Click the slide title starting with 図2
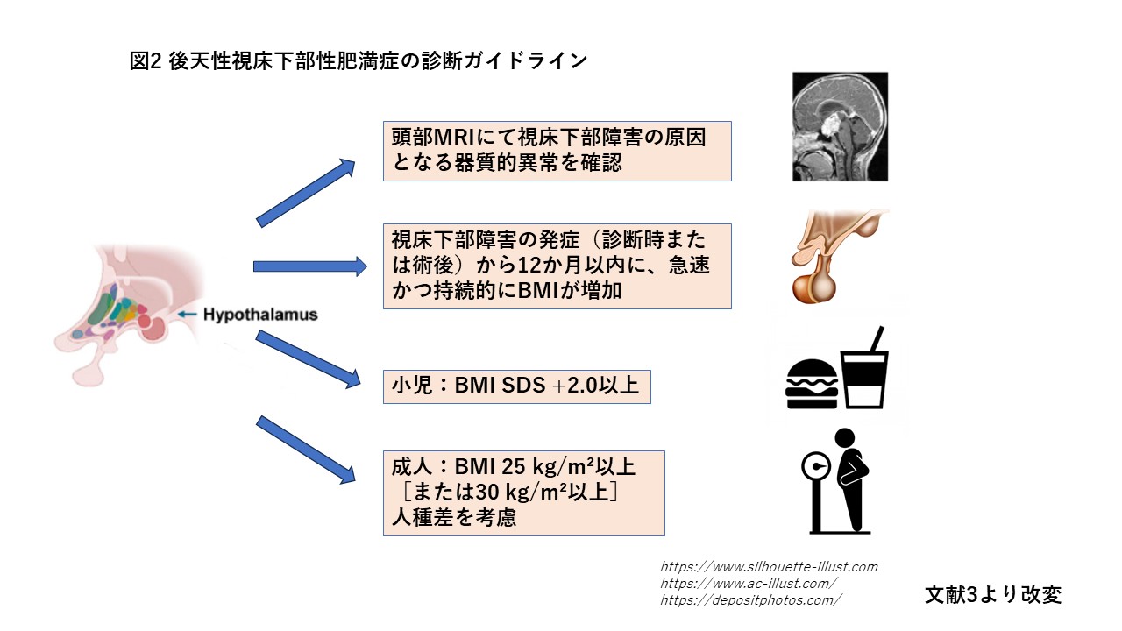[359, 61]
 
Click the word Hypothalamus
[260, 315]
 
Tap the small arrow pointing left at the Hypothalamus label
[188, 314]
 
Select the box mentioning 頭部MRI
[557, 152]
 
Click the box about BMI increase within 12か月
[557, 266]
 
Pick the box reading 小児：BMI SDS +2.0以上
[516, 386]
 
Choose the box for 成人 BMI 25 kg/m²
[523, 493]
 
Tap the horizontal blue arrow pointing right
[309, 266]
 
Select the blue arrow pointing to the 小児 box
[308, 359]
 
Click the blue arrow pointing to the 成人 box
[306, 450]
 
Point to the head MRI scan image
[840, 126]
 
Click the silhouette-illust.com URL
[768, 567]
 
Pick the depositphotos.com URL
[750, 600]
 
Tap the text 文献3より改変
[992, 594]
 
